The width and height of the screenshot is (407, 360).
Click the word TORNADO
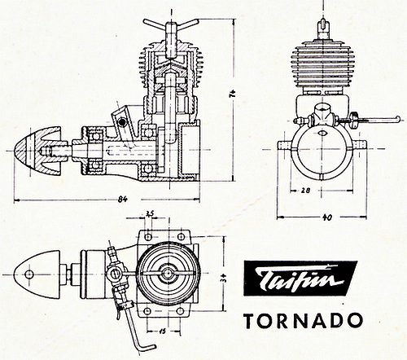tap(303, 321)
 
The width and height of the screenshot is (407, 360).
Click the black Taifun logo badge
tap(300, 278)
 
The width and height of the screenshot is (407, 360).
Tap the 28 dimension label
tap(305, 191)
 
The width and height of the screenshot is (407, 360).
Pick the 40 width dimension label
tap(327, 217)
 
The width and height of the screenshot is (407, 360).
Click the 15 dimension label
tap(163, 331)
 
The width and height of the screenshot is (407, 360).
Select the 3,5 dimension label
tap(150, 213)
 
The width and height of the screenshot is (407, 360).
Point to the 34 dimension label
tap(225, 278)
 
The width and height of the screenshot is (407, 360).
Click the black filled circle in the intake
tap(122, 123)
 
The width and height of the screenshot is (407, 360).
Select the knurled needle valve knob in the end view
tap(353, 119)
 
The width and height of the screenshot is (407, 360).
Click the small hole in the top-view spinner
tap(29, 274)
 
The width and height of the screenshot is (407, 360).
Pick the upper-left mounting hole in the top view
tap(148, 237)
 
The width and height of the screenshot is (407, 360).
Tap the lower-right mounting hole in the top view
tap(179, 310)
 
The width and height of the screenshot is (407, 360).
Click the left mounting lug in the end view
tap(285, 145)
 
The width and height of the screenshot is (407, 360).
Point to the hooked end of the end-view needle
tap(397, 118)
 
